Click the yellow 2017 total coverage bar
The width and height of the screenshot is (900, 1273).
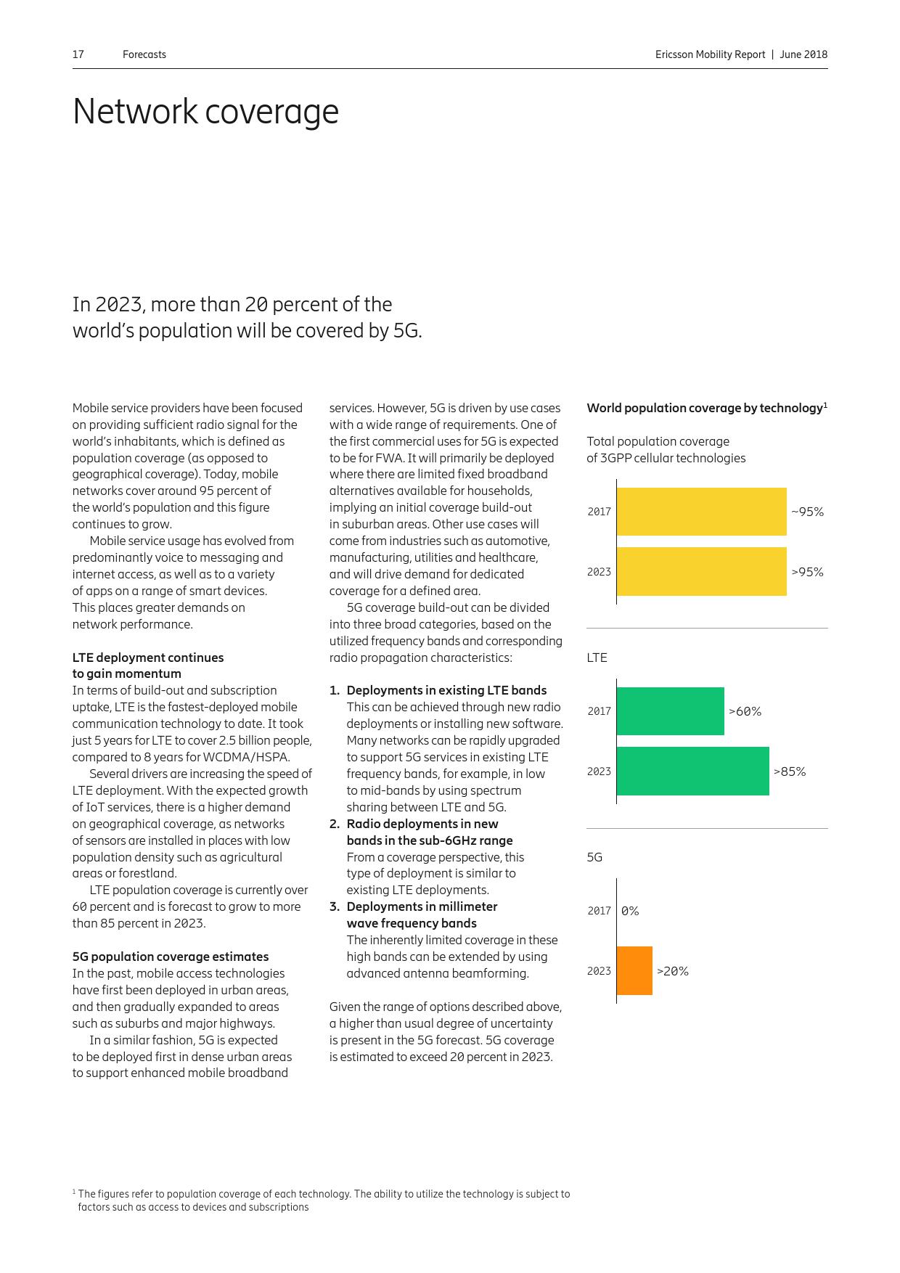[x=701, y=512]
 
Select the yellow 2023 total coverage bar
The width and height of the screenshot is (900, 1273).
[x=701, y=571]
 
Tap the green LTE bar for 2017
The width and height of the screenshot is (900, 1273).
[x=670, y=711]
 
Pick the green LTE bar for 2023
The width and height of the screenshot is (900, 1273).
[x=692, y=771]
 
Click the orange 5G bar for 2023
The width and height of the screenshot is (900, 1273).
[x=634, y=970]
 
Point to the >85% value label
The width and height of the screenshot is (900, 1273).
[x=790, y=771]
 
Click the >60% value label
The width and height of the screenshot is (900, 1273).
[x=745, y=711]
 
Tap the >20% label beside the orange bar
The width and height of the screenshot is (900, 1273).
[x=673, y=971]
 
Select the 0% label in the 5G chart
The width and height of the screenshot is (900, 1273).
[x=630, y=911]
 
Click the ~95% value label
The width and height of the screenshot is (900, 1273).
[x=807, y=512]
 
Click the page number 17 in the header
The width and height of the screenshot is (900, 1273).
[x=78, y=54]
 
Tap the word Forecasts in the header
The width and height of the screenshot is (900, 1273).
[x=144, y=54]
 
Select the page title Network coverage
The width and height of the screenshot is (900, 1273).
[x=205, y=112]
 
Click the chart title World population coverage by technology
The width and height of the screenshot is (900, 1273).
[x=704, y=408]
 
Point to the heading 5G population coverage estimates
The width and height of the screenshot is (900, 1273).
[x=171, y=957]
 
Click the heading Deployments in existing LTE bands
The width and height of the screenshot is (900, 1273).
[x=446, y=690]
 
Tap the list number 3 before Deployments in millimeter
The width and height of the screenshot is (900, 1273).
[x=335, y=906]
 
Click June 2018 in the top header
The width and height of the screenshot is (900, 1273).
[x=803, y=54]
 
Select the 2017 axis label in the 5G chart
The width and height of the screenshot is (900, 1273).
[x=599, y=911]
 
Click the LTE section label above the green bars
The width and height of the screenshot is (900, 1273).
[x=597, y=658]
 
